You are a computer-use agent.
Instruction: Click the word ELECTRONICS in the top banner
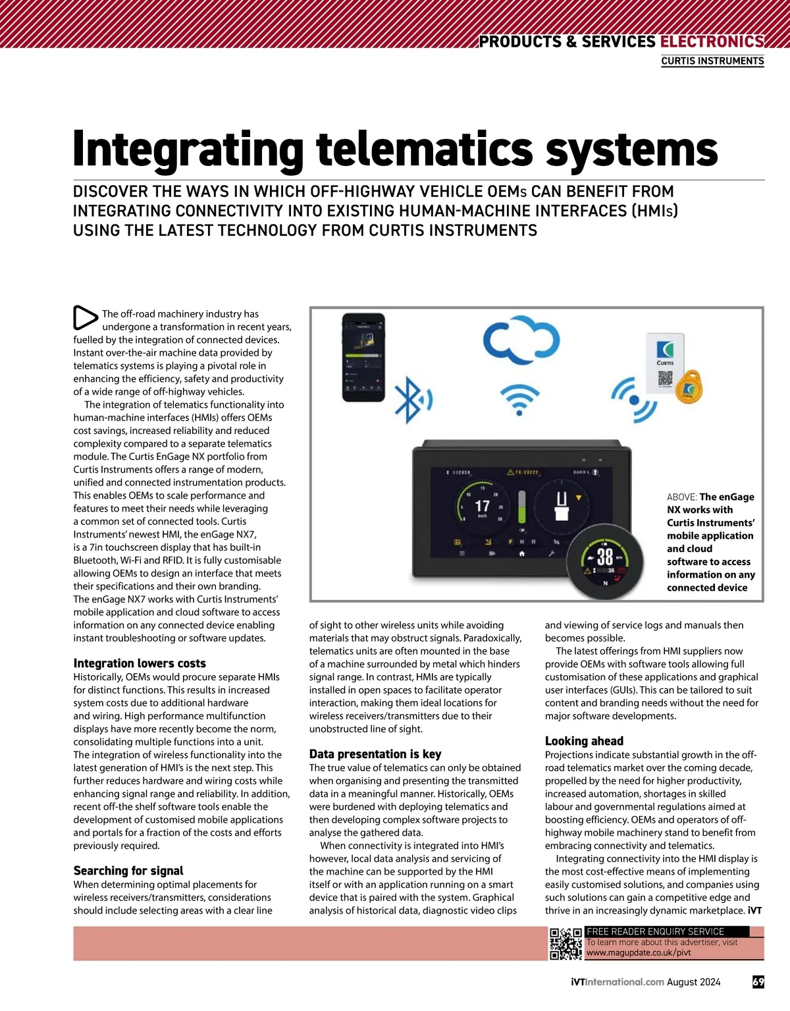[x=712, y=41]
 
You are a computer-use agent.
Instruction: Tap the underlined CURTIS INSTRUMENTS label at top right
[x=712, y=61]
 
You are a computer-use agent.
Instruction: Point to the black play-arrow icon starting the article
[x=84, y=317]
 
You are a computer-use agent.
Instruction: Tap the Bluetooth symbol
[x=411, y=399]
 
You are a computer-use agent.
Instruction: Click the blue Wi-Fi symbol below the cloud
[x=519, y=399]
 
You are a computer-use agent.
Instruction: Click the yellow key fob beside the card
[x=689, y=389]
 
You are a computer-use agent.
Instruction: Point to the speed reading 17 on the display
[x=482, y=506]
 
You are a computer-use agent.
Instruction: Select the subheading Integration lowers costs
[x=140, y=663]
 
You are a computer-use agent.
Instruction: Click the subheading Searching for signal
[x=128, y=871]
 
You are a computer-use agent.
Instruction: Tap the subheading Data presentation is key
[x=375, y=754]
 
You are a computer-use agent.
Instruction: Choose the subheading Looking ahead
[x=584, y=741]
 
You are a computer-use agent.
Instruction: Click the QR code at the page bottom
[x=566, y=943]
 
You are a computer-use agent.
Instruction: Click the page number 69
[x=758, y=982]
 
